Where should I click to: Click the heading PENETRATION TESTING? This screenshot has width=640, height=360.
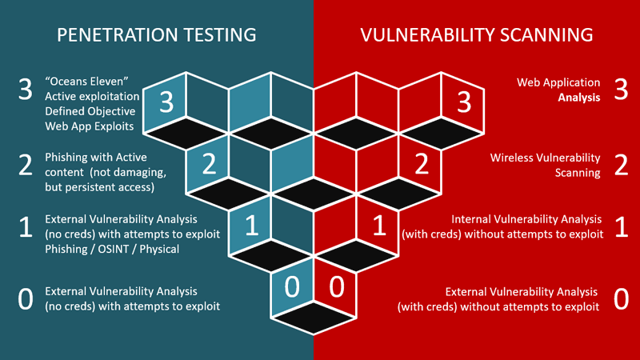(156, 35)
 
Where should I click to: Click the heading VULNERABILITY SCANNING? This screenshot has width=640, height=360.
(476, 35)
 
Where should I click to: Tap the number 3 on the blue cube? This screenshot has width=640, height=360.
(166, 102)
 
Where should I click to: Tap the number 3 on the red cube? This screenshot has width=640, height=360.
(463, 102)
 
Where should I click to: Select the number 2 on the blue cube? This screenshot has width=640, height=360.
(210, 164)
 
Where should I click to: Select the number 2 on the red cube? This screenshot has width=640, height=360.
(421, 164)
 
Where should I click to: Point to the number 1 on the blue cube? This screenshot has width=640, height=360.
(251, 226)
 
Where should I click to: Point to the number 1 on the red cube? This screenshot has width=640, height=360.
(378, 226)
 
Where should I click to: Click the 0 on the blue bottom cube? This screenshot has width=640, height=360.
(293, 286)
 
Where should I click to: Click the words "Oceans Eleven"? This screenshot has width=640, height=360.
(87, 81)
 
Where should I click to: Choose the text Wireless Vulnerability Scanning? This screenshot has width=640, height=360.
(545, 166)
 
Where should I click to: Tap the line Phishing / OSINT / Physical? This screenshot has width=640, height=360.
(112, 249)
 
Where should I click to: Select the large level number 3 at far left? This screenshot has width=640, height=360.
(25, 90)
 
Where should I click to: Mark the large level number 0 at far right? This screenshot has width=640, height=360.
(620, 298)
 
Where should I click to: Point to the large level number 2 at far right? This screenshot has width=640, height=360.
(620, 165)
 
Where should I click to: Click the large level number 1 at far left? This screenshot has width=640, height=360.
(25, 228)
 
